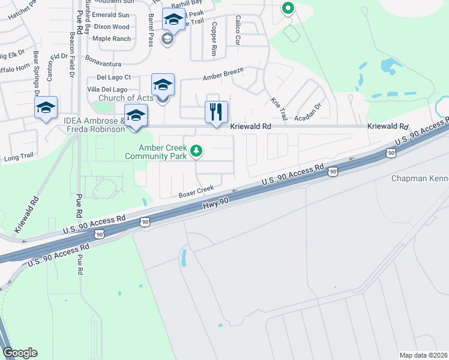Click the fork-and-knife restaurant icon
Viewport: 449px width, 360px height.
pos(216,112)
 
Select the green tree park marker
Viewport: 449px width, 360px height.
pos(195,151)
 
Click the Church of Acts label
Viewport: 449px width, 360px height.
pos(125,98)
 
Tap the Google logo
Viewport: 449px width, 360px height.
pos(20,353)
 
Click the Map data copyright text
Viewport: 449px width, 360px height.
pos(423,355)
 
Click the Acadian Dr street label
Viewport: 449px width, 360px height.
pos(312,109)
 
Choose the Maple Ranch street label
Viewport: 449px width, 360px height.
pos(111,38)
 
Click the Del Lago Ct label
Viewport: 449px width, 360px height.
pos(113,77)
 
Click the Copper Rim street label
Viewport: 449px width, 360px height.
pos(214,39)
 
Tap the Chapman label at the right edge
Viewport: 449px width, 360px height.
pos(420,178)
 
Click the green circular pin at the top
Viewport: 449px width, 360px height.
pos(288,8)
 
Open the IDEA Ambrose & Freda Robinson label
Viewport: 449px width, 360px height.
pos(94,124)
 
